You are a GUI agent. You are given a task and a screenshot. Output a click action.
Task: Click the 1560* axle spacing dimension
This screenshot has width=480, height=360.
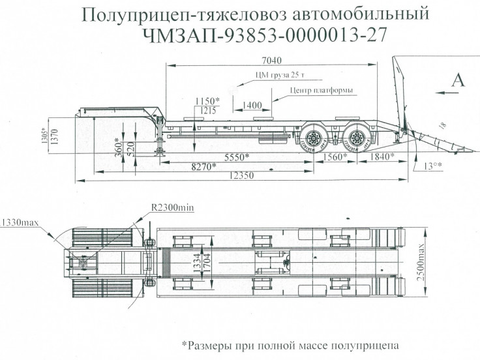[336, 157]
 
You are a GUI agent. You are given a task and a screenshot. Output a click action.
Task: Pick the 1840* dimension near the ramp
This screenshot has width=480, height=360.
[382, 157]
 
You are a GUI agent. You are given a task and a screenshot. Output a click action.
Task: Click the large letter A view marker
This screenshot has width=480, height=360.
[458, 80]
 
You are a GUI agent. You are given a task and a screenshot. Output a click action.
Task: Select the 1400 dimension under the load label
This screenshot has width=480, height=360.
[252, 104]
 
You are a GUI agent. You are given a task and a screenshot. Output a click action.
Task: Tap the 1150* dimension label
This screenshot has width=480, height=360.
[207, 101]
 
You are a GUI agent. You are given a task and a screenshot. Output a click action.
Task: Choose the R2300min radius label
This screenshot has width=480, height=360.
[173, 207]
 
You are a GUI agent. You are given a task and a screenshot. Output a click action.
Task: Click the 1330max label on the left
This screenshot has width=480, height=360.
[20, 222]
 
